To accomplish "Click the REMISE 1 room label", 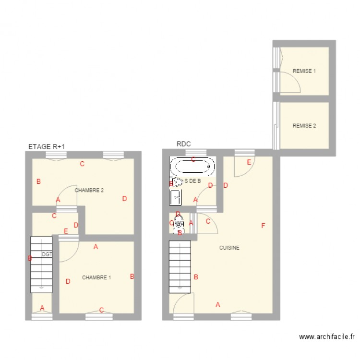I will click(x=304, y=71).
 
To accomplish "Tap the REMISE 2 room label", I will click(x=304, y=126).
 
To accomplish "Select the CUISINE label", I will click(x=229, y=248).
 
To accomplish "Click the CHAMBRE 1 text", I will click(x=96, y=277).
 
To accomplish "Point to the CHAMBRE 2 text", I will click(x=89, y=190).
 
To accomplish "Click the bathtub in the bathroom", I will click(x=192, y=167).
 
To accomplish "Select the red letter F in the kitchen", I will click(x=263, y=226).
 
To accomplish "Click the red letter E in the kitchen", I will click(x=249, y=162).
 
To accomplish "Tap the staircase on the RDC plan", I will click(x=180, y=266).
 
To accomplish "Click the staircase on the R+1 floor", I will click(x=41, y=264).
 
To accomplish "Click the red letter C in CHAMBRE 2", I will click(x=82, y=164).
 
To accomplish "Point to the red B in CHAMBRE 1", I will click(x=132, y=276).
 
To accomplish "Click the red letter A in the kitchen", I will click(x=218, y=304).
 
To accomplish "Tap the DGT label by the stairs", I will click(x=47, y=254).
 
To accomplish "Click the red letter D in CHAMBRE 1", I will click(x=68, y=281).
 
